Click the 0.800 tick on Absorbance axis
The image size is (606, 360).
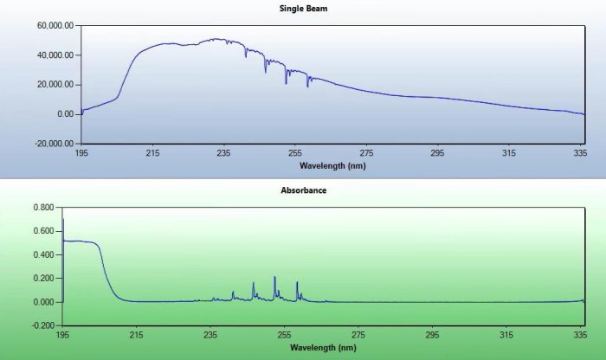[42, 208]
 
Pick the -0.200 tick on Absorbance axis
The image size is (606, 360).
[41, 326]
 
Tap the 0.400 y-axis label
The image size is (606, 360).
[42, 255]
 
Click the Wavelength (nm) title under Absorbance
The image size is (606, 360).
[322, 348]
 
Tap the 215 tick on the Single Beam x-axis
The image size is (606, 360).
[152, 153]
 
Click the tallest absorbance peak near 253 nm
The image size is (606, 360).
[274, 278]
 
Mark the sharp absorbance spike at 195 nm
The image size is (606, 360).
[63, 221]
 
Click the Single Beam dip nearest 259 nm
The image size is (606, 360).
[307, 86]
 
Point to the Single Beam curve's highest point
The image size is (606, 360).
[216, 39]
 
